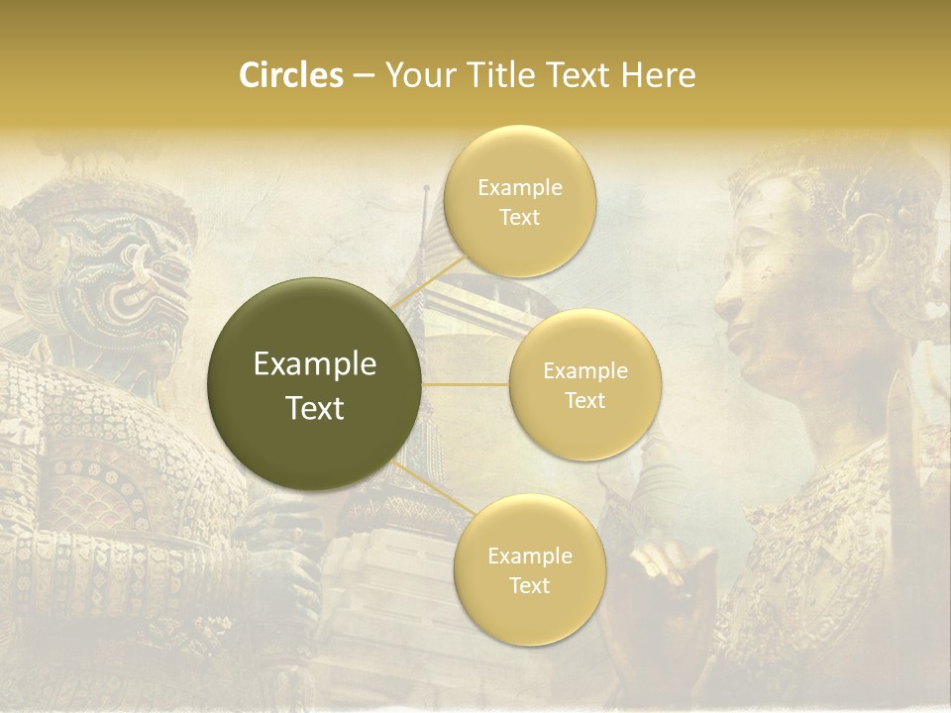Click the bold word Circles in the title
(291, 75)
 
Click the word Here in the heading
(659, 75)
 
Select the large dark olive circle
(314, 384)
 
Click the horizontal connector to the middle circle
(466, 385)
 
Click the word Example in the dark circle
(315, 364)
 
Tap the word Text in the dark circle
(315, 408)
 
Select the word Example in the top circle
(520, 187)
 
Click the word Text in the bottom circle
(529, 585)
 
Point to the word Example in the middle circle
(585, 371)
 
